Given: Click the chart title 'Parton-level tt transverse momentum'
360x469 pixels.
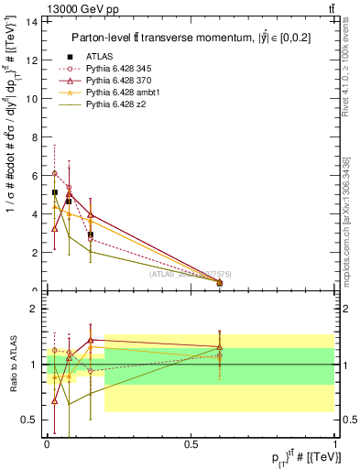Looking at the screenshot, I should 190,38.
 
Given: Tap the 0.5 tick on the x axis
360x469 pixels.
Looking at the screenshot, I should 191,444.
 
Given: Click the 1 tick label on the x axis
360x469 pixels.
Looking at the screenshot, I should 335,444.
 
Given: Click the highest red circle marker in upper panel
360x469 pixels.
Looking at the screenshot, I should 55,173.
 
